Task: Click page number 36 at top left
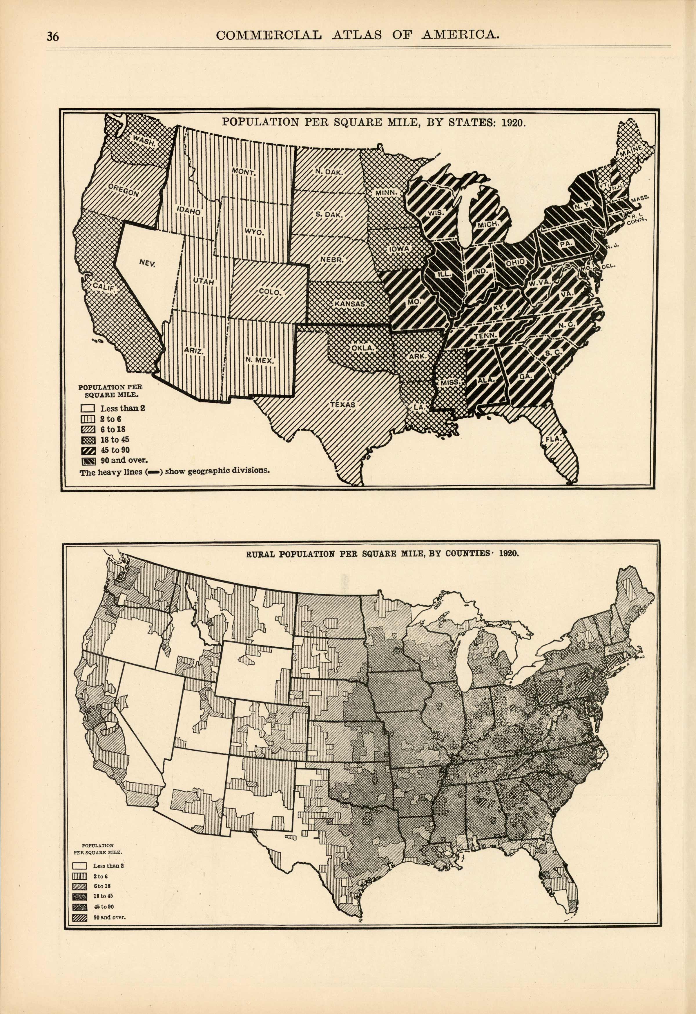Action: pyautogui.click(x=53, y=37)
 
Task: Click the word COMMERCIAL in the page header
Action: pyautogui.click(x=269, y=35)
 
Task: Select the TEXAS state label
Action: pyautogui.click(x=343, y=404)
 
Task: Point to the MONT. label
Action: pyautogui.click(x=244, y=172)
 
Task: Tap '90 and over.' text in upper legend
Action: pyautogui.click(x=124, y=460)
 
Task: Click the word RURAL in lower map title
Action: pyautogui.click(x=261, y=554)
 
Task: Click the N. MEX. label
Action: pyautogui.click(x=259, y=360)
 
